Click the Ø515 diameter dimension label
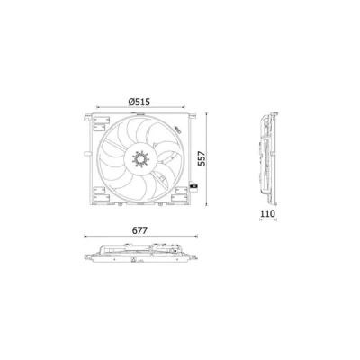click(x=139, y=102)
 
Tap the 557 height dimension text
click(x=202, y=158)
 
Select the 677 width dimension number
click(x=139, y=230)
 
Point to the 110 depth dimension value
click(x=267, y=213)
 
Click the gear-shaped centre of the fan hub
click(x=140, y=159)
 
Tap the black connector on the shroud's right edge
click(x=193, y=187)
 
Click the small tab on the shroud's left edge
click(x=86, y=154)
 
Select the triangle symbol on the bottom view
click(x=134, y=260)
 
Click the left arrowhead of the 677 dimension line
click(x=85, y=237)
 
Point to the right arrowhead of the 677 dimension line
click(x=196, y=237)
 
